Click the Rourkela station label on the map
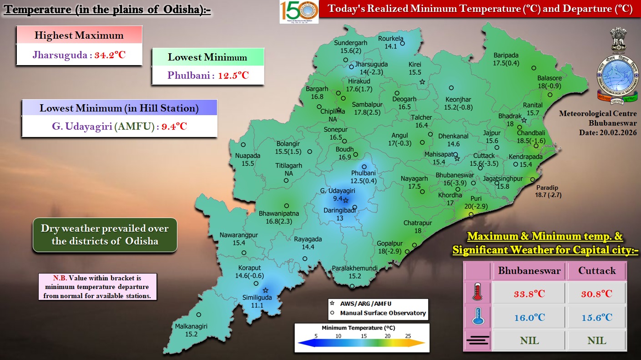coord(391,42)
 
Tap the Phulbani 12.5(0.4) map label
coord(363,177)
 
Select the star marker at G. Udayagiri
coord(345,200)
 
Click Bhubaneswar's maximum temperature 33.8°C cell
coord(529,294)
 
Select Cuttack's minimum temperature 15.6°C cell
coord(597,317)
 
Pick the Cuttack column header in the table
coord(597,270)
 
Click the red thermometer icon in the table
coord(477,294)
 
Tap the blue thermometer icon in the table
coord(477,317)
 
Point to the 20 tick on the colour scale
coord(388,335)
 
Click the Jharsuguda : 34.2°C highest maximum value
coord(79,56)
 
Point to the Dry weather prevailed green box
coord(105,235)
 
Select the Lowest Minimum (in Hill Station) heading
coord(119,108)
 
